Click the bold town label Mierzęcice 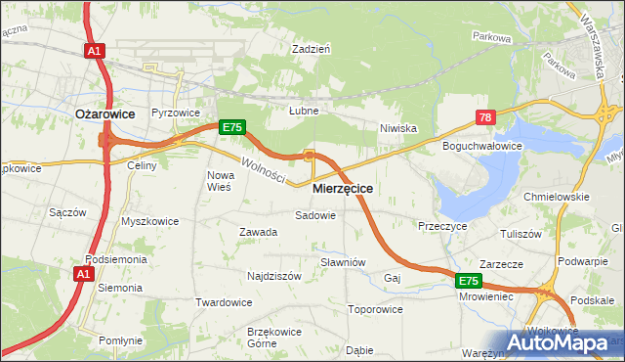[343, 187]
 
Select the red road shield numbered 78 [486, 117]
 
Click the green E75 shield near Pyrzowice [231, 127]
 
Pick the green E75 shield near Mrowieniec [470, 281]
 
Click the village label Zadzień [312, 47]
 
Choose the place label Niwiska [398, 127]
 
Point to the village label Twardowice [224, 301]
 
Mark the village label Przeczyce [442, 225]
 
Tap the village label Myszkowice [149, 221]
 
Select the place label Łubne [304, 111]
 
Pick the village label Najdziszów [273, 276]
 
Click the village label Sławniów [343, 262]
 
